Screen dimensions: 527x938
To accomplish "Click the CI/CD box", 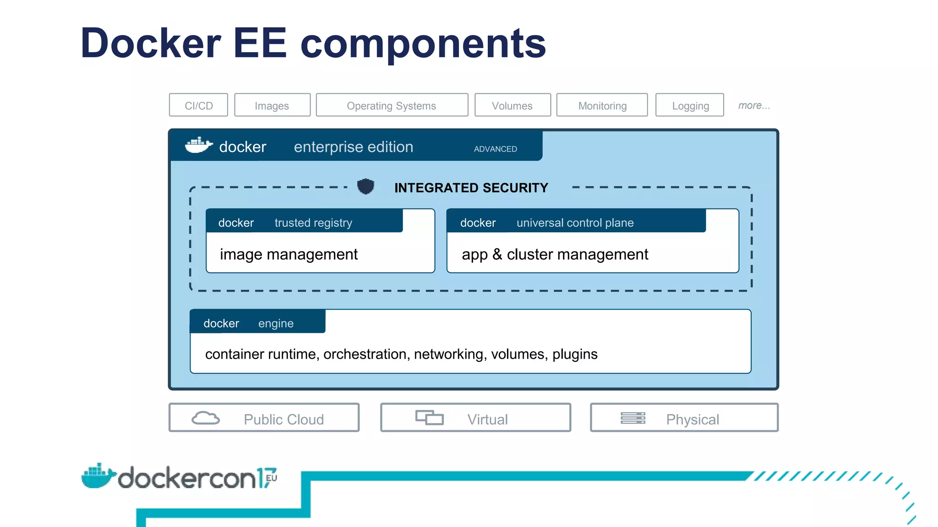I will point(198,105).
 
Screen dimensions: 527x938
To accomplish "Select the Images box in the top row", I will point(272,105).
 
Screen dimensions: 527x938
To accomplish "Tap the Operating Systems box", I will point(392,105).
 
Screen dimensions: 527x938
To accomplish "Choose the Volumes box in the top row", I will point(512,105).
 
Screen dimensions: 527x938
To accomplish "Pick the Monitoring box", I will point(602,105).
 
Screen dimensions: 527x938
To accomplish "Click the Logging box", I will point(690,105).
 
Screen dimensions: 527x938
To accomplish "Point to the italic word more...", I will point(753,105).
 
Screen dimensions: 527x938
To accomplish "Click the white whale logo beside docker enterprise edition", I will point(198,145).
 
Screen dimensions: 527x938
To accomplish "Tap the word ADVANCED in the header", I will point(495,149).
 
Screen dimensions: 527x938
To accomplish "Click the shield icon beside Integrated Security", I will point(365,187).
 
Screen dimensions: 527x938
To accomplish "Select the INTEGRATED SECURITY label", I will point(471,188).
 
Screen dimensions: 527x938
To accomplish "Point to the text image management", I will point(289,254).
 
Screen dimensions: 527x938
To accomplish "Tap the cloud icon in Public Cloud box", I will point(205,418).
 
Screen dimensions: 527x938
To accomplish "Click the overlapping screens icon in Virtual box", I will point(429,417).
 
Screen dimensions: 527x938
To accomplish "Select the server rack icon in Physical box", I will point(633,418).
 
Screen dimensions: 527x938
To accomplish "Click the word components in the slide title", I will point(423,43).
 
